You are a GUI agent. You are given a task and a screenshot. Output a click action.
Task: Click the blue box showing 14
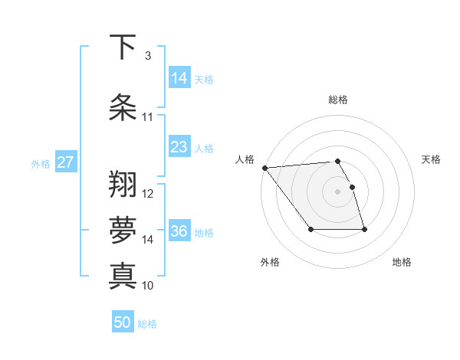[x=179, y=78]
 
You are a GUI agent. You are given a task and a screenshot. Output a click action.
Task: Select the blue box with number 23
[x=179, y=147]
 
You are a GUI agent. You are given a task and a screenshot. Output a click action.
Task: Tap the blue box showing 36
[x=179, y=231]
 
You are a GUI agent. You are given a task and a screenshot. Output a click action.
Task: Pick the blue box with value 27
[x=66, y=162]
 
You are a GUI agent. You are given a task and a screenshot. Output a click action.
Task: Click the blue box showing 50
[x=123, y=322]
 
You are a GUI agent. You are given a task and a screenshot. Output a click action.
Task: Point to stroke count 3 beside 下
[x=147, y=56]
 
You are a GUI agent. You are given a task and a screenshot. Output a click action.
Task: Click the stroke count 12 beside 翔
[x=148, y=194]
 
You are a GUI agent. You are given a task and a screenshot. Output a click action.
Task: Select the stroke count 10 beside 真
[x=148, y=286]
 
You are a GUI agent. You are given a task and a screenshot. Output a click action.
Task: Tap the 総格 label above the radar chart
[x=337, y=100]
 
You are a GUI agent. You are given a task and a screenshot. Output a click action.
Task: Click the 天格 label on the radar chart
[x=432, y=159]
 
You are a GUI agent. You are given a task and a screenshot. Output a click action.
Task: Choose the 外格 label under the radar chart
[x=270, y=262]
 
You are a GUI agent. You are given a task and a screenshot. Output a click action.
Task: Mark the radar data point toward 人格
[x=264, y=168]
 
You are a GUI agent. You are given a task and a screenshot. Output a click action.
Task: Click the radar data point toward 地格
[x=364, y=229]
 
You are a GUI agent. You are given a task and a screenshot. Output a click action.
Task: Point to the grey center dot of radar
[x=337, y=191]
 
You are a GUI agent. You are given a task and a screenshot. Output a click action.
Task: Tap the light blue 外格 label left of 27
[x=40, y=163]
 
